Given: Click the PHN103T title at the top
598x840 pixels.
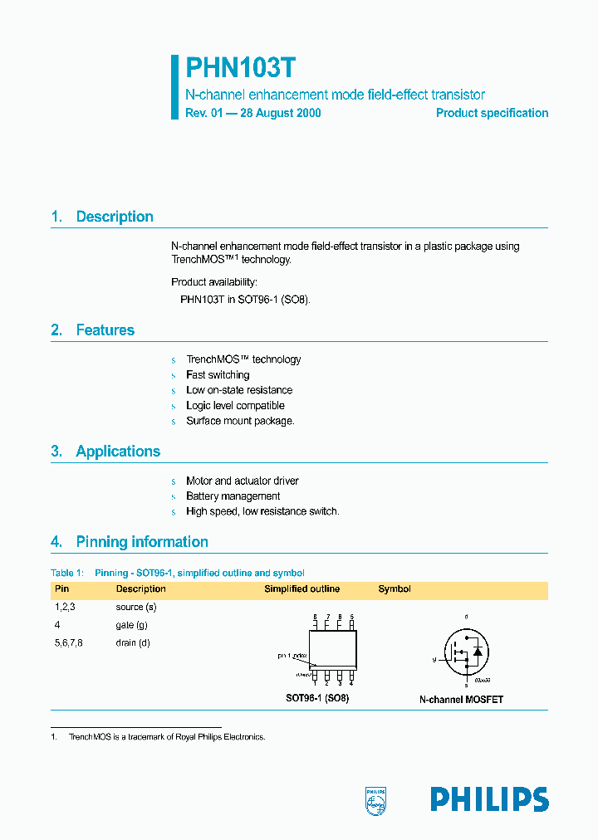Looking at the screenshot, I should coord(239,68).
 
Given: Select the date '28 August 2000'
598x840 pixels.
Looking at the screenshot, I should coord(280,113).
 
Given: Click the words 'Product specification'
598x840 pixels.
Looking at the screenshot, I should coord(492,113).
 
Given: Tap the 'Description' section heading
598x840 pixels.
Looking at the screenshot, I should coord(115,217).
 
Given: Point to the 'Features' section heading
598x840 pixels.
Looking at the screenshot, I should coord(105,330).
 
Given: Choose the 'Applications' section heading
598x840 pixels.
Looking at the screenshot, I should coord(118,452).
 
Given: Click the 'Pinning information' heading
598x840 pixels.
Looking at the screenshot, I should coord(142,542).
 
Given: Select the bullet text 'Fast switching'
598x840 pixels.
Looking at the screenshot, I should coord(218,375).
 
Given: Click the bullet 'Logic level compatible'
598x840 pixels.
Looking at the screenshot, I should coord(235,406).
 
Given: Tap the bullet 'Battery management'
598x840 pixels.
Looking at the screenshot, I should coord(233,496).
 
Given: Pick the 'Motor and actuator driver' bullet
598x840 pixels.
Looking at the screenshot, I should coord(242,481).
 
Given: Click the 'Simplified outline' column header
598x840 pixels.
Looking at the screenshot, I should coord(301,589).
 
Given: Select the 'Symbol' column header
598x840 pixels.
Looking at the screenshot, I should coord(395,589).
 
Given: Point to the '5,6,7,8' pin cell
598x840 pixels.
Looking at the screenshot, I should coord(69,643).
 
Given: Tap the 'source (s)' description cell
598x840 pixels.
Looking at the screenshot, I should coord(136,608).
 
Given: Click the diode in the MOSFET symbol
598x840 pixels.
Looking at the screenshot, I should coord(478,650).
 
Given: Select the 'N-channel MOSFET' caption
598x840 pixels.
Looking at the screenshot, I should coord(461,700).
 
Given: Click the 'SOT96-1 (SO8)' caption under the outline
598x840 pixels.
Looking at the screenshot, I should coord(317,699).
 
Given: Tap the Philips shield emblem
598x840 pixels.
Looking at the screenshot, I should coord(376,798).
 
